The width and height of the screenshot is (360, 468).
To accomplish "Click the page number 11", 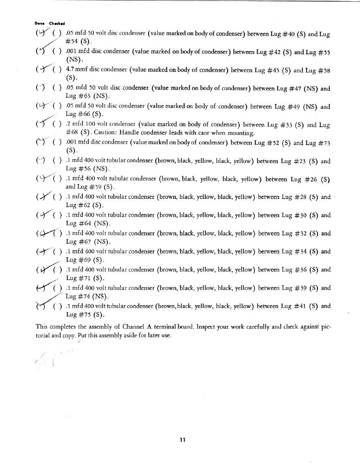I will pos(182,440).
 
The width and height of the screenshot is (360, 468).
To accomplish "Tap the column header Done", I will pos(38,24).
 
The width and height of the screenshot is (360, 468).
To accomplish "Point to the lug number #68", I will pos(73,133).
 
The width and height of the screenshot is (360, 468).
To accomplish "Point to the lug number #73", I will pos(323,143).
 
